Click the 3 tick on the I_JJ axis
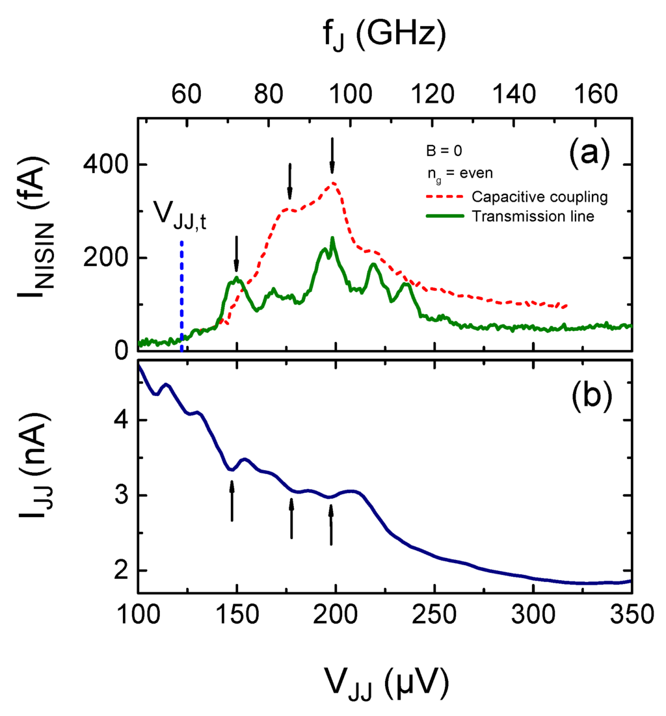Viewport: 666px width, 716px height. (119, 496)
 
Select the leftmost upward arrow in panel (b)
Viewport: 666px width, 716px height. (232, 501)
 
